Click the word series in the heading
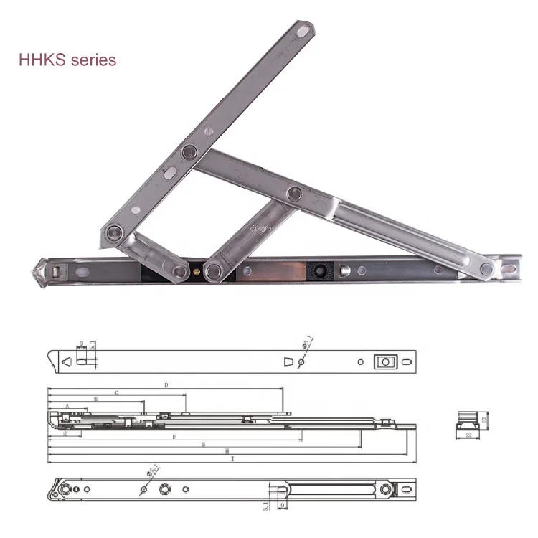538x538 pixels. click(x=93, y=60)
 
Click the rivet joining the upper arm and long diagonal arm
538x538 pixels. click(x=189, y=152)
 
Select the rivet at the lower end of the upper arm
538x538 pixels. click(x=113, y=232)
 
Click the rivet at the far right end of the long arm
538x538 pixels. click(x=487, y=270)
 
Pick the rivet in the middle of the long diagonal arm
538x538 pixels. click(x=294, y=193)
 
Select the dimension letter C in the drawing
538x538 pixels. click(x=116, y=393)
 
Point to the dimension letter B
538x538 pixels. click(x=95, y=399)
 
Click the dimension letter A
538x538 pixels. click(x=67, y=406)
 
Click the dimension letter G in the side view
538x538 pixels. click(x=204, y=445)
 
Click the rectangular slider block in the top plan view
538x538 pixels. click(x=384, y=362)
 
